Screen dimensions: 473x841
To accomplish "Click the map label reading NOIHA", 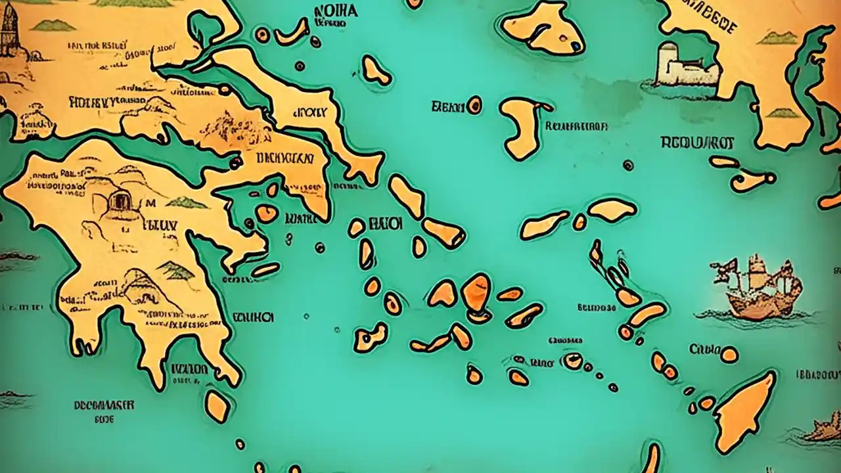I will pos(336,11).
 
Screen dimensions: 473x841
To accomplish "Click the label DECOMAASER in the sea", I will pos(95,405).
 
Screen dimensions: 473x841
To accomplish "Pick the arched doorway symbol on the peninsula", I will pos(119,200).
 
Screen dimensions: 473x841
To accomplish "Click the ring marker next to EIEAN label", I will pos(474,105).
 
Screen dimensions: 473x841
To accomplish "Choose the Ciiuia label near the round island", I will pos(704,349).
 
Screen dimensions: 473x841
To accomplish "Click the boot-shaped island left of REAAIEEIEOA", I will pos(522,128).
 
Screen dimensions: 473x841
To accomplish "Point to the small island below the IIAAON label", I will pos(217,405).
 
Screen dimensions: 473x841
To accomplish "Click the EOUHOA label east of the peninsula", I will pos(252,317).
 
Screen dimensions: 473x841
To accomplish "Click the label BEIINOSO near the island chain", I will pos(597,307).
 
